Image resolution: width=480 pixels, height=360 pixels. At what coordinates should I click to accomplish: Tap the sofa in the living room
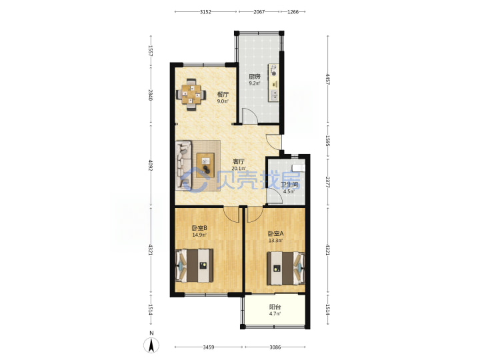tap(184, 165)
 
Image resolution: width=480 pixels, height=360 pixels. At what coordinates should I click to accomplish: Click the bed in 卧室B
tap(195, 266)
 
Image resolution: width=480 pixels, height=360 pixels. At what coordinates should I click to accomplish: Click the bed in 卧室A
tap(285, 268)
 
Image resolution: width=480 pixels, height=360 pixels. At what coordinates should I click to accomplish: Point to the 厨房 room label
tap(254, 77)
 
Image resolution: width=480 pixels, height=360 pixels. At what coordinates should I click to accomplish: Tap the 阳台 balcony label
tap(275, 307)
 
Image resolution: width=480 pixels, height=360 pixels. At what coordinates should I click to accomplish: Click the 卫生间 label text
tap(289, 185)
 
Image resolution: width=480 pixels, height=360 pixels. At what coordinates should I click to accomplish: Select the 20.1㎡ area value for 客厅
tap(239, 169)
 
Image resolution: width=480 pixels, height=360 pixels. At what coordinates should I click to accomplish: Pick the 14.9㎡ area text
tap(199, 235)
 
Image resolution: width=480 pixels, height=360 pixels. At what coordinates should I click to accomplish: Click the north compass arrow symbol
tap(151, 345)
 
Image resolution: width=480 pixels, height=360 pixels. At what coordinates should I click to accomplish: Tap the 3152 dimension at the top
tap(205, 12)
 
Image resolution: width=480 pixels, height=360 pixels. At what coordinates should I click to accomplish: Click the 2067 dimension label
tap(259, 12)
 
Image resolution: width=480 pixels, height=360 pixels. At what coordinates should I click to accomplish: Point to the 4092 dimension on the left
tap(150, 165)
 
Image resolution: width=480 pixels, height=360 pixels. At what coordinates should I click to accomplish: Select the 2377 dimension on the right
tap(327, 183)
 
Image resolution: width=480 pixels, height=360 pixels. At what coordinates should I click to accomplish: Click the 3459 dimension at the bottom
tap(209, 347)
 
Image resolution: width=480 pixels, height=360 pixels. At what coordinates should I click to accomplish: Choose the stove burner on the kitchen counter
tap(274, 70)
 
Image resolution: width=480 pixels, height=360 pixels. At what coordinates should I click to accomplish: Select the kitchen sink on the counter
tap(274, 95)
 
